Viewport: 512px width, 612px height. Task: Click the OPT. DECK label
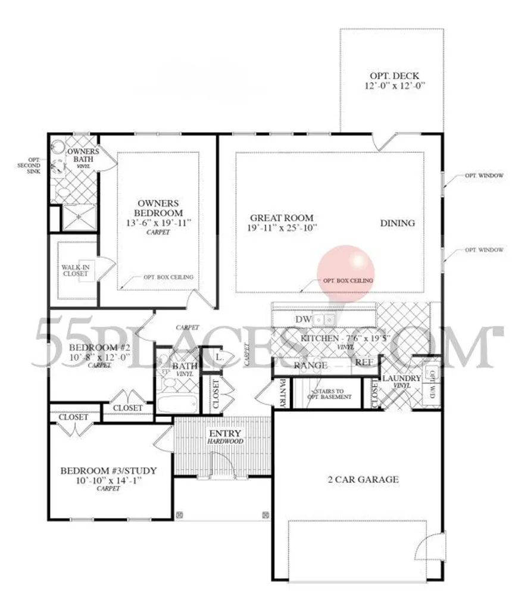click(x=394, y=76)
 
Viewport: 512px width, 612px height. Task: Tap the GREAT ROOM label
click(x=281, y=218)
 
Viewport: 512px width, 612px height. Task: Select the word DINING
click(x=398, y=223)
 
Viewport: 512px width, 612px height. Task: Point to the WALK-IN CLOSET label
click(x=76, y=271)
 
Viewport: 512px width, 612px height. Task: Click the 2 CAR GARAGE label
click(x=364, y=479)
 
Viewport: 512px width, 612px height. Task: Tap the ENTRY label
click(x=225, y=433)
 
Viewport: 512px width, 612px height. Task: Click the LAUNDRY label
click(x=401, y=379)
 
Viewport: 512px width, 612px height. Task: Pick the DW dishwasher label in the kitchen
click(x=304, y=320)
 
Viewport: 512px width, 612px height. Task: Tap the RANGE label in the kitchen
click(x=310, y=365)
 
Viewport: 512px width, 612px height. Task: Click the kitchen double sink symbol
click(x=324, y=320)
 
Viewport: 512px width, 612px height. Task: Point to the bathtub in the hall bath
click(x=178, y=404)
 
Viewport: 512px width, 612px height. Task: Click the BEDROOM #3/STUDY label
click(x=109, y=471)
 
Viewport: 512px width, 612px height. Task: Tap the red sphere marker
click(x=345, y=268)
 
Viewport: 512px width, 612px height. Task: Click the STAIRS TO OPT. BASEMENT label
click(x=326, y=394)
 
